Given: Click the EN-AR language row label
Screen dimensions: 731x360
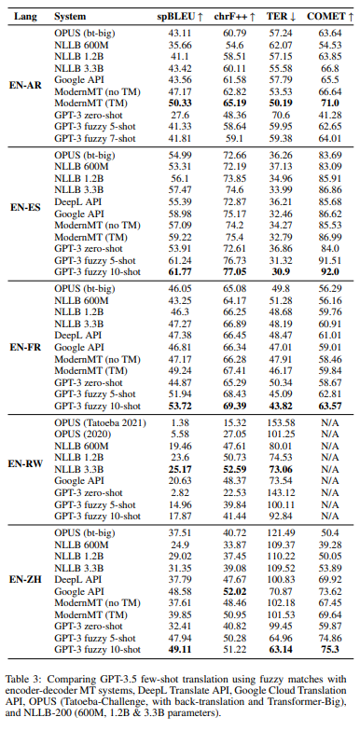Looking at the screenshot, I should pyautogui.click(x=25, y=85).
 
